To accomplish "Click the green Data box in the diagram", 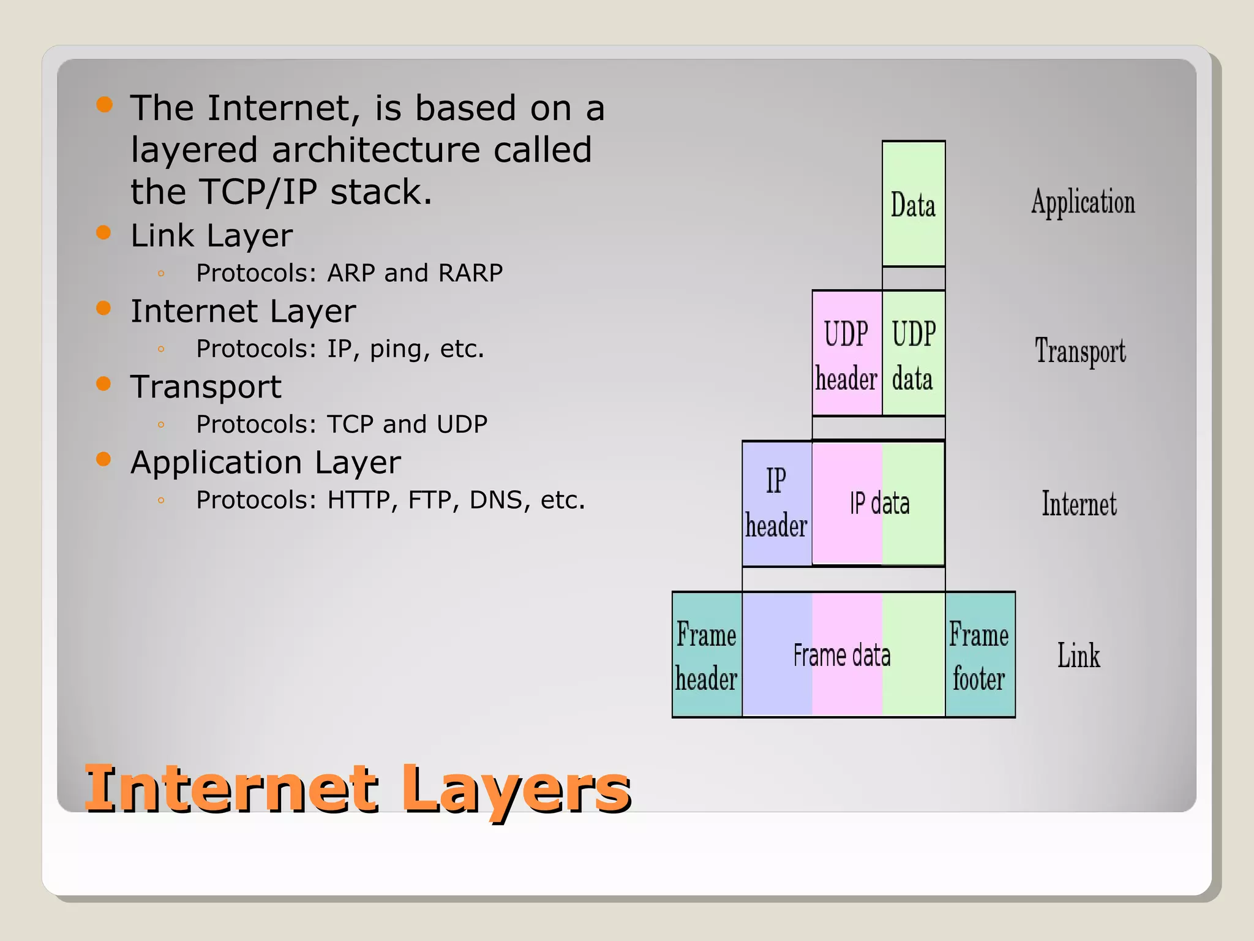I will (913, 204).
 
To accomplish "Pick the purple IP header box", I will (776, 504).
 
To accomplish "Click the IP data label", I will (879, 504).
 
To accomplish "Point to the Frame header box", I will (707, 655).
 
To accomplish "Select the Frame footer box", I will (979, 655).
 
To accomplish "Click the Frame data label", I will (842, 655).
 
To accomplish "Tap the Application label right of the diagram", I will (1083, 203).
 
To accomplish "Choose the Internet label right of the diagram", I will (1079, 504).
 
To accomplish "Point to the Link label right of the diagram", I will (1078, 656).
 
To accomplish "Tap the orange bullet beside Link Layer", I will (103, 233).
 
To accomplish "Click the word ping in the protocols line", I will (398, 349).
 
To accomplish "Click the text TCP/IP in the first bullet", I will (258, 192).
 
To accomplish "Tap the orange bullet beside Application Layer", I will (103, 459).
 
